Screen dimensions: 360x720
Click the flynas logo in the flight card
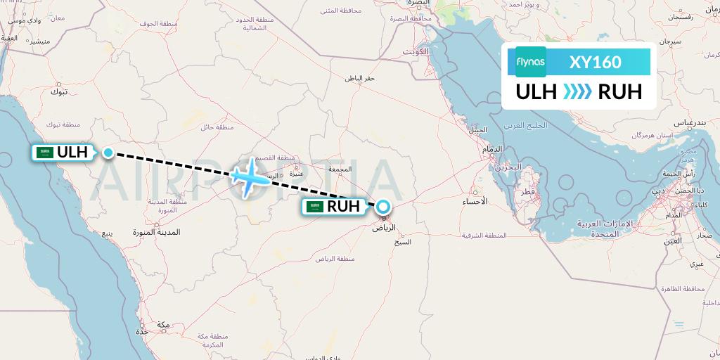[531, 62]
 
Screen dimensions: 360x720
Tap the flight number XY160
[596, 62]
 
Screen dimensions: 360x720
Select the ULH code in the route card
[536, 92]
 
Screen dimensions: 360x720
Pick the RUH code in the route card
[619, 92]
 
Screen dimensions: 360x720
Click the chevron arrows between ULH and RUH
[578, 92]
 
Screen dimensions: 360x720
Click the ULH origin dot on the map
[108, 152]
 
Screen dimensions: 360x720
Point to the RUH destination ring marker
[383, 207]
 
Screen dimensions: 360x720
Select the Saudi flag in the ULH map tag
[46, 153]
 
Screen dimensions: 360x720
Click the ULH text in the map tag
[72, 153]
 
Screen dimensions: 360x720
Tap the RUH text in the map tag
[343, 207]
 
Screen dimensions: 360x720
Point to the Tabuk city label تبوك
[59, 91]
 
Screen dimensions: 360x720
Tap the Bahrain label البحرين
[508, 167]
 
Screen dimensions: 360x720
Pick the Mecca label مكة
[163, 324]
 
